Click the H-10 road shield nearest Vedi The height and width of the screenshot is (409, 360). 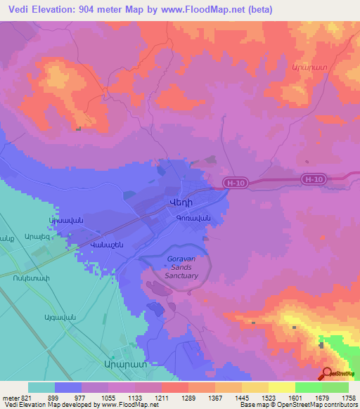(x=236, y=183)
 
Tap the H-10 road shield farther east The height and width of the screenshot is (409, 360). (x=314, y=180)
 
